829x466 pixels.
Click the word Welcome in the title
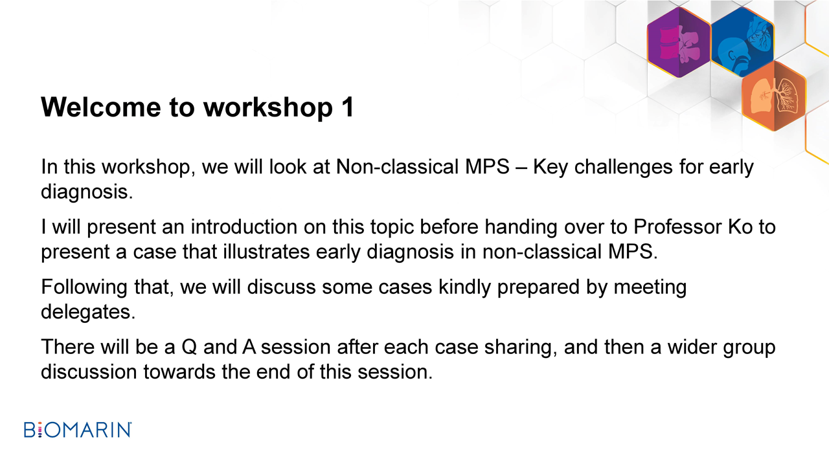coord(100,107)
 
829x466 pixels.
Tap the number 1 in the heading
coord(348,107)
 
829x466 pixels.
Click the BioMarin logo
coord(78,430)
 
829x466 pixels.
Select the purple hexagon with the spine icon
coord(679,42)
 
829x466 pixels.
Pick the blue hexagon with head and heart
coord(742,42)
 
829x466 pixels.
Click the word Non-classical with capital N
coord(398,167)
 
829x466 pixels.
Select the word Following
coord(84,287)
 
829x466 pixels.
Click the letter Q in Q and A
coord(189,348)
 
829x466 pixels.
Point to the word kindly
coord(464,287)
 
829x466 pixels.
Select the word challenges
coord(623,167)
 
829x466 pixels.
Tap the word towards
coord(179,372)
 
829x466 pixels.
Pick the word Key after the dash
coord(551,167)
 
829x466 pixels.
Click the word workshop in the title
coord(268,107)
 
